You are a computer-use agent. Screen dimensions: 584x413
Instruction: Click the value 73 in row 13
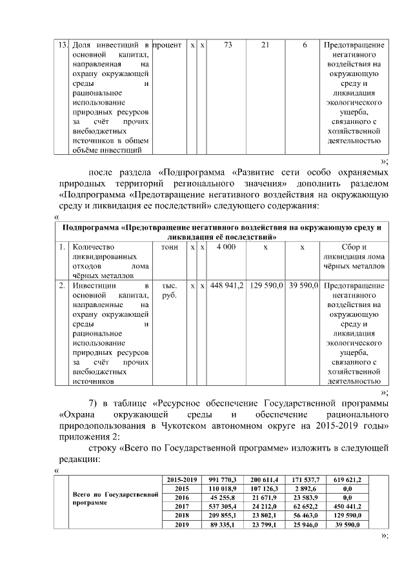[228, 45]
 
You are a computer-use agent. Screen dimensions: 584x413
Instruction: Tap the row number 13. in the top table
[63, 45]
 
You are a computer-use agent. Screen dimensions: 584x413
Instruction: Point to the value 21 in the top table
[265, 45]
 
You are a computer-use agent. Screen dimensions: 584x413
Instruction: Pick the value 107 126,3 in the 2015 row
[264, 489]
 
